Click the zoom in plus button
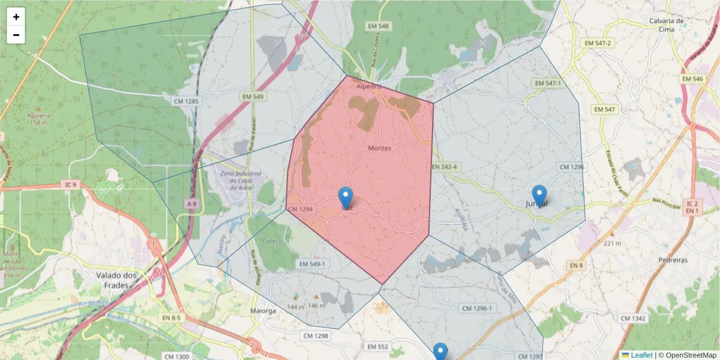(16, 17)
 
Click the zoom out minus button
(16, 35)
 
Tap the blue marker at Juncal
(539, 196)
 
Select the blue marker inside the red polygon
(346, 197)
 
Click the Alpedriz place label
(368, 86)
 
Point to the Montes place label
(379, 148)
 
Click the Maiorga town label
(263, 311)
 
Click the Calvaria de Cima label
(667, 25)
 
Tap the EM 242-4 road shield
(444, 166)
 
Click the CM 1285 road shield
(186, 101)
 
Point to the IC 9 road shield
(71, 185)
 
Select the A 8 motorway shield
(191, 204)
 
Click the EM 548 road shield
(378, 26)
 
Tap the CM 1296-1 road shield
(476, 308)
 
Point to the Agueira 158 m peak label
(38, 118)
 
